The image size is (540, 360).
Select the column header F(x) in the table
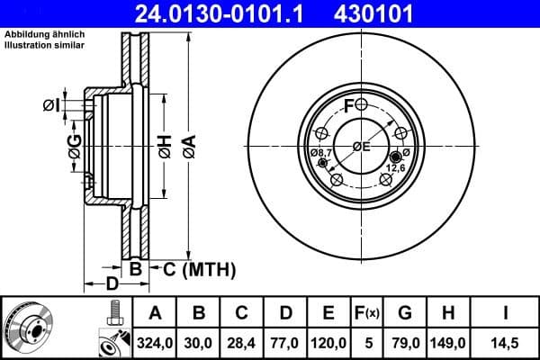(x=366, y=313)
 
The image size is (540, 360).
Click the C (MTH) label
(x=199, y=268)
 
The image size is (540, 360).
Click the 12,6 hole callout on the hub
(x=397, y=166)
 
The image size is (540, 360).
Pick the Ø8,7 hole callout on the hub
(x=321, y=154)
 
